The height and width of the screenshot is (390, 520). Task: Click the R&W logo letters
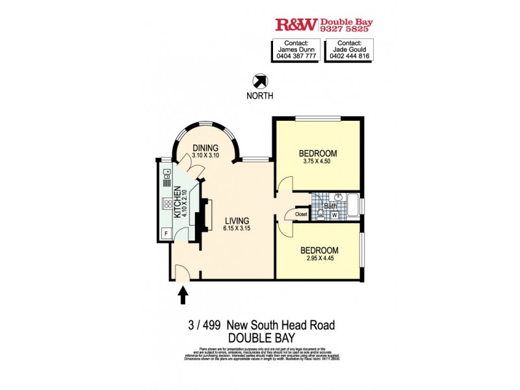[296, 25]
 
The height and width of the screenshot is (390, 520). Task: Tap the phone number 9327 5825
[346, 29]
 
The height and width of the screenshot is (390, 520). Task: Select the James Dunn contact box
[296, 50]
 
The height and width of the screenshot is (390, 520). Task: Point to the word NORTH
[260, 96]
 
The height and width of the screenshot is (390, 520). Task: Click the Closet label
[301, 214]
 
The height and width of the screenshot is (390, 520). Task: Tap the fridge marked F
[166, 232]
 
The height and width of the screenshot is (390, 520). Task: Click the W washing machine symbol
[334, 214]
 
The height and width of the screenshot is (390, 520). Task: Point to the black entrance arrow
[183, 296]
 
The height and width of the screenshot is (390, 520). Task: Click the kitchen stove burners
[166, 206]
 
